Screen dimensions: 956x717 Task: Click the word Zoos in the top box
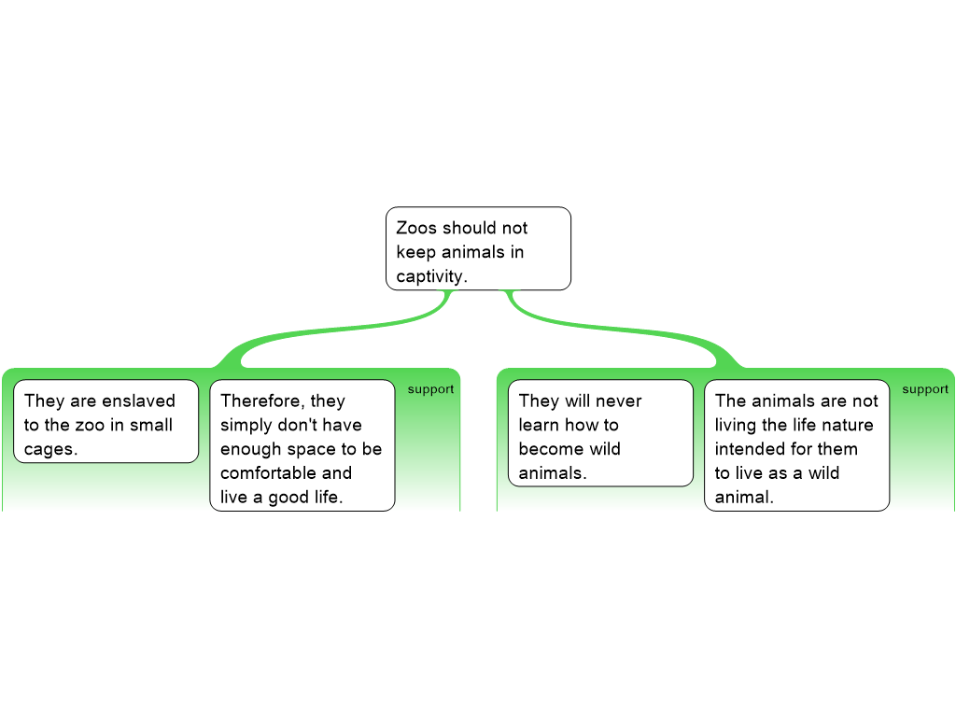416,228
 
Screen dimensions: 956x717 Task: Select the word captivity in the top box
431,276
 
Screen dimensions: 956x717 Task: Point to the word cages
50,450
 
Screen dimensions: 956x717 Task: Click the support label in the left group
430,389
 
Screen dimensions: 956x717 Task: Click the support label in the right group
925,389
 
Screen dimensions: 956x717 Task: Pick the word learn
539,425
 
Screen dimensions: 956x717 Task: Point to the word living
736,425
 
